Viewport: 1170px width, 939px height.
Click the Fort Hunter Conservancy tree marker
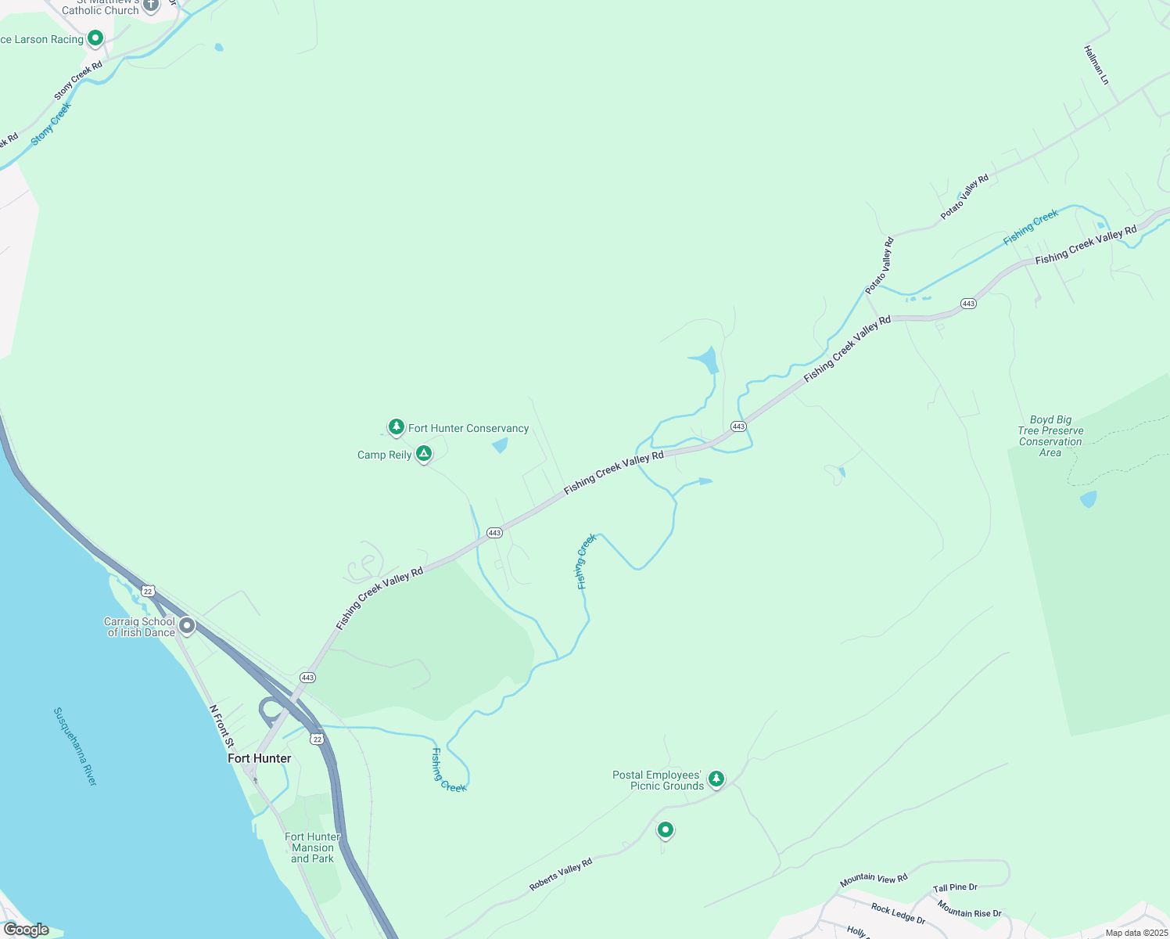click(x=397, y=426)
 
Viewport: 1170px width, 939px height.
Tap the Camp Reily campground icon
click(x=423, y=453)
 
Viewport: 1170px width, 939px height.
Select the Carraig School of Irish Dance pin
click(x=187, y=625)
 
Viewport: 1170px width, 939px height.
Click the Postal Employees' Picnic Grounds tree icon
click(x=716, y=778)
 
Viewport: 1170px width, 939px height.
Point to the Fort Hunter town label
click(x=260, y=758)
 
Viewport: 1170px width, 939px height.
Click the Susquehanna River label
click(x=75, y=747)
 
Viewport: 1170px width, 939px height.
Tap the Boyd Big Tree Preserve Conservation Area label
click(x=1050, y=437)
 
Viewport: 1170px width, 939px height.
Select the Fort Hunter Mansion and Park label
click(x=312, y=847)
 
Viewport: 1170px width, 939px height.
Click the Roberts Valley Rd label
click(x=561, y=874)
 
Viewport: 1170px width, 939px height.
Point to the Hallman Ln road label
click(x=1096, y=65)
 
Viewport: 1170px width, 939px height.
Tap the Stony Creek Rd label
click(x=78, y=80)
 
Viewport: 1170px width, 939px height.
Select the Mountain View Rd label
click(x=874, y=880)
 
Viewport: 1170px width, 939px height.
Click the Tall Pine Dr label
click(x=955, y=887)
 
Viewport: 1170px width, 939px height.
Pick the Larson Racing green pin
click(x=95, y=37)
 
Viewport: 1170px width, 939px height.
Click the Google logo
click(x=26, y=930)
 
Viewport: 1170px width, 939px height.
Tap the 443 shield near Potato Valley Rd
click(x=968, y=304)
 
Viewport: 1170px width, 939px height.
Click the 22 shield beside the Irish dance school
click(x=149, y=590)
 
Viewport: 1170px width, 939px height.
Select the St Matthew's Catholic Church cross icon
click(x=151, y=5)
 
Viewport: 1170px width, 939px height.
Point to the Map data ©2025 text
click(x=1136, y=933)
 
